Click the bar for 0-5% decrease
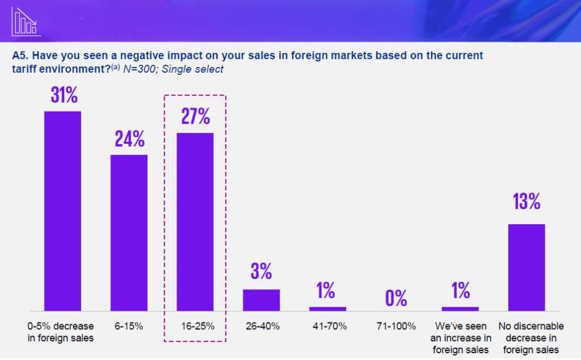click(63, 211)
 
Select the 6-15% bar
click(129, 233)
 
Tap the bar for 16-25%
click(195, 222)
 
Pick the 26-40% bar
click(262, 300)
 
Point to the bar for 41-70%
click(327, 308)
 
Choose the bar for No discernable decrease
click(527, 267)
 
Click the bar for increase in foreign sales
click(460, 308)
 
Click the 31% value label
click(64, 95)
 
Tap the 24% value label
click(130, 139)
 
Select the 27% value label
click(196, 116)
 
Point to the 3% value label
click(262, 271)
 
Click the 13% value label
click(527, 202)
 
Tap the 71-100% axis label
click(396, 326)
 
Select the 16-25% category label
click(195, 326)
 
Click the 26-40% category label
click(262, 326)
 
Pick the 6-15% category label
click(129, 326)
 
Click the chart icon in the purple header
click(22, 21)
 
